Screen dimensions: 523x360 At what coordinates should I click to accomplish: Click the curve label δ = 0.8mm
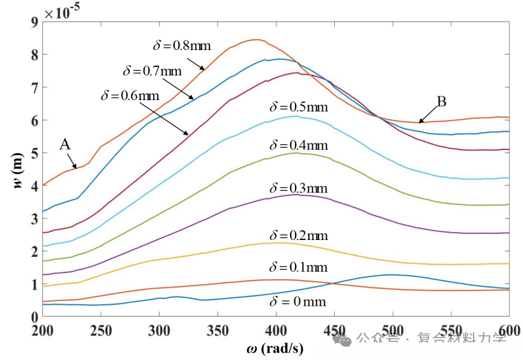click(182, 45)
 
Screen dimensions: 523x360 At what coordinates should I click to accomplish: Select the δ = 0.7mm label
click(152, 71)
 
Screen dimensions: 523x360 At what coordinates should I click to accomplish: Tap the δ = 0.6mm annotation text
click(130, 96)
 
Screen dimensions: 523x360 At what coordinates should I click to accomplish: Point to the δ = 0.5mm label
click(299, 107)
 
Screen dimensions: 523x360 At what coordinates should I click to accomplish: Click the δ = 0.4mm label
click(299, 145)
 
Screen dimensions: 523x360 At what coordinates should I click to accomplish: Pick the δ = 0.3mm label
click(299, 188)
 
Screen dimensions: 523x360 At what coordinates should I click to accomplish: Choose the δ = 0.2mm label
click(299, 235)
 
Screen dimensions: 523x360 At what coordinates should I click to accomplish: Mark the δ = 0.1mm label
click(299, 267)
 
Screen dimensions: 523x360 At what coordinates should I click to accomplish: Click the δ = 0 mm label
click(297, 302)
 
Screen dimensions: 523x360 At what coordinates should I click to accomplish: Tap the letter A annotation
click(65, 144)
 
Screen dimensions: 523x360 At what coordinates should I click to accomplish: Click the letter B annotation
click(442, 102)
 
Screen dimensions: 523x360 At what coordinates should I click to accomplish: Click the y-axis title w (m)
click(18, 170)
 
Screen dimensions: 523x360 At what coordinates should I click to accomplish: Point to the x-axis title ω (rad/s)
click(275, 349)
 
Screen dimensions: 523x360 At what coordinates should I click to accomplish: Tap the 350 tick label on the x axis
click(218, 330)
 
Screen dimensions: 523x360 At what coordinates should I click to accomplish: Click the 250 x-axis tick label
click(101, 330)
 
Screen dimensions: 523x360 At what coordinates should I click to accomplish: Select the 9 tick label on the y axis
click(35, 22)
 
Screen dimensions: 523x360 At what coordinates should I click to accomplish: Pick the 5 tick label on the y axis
click(35, 153)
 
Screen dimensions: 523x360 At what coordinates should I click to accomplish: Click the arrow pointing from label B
click(428, 115)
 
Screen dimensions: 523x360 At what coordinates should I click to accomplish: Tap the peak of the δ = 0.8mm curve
click(256, 40)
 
